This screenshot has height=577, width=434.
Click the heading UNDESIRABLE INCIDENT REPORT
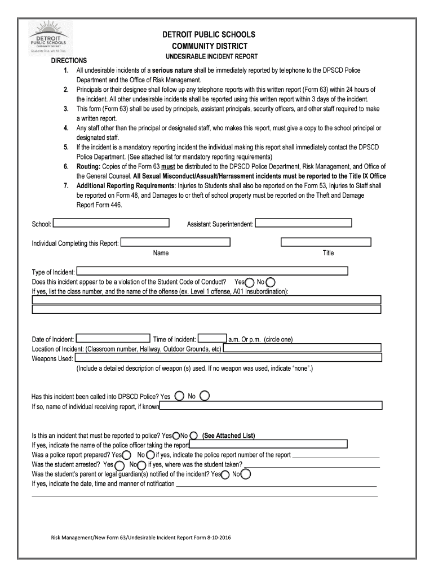[211, 57]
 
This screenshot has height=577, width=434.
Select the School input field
[111, 223]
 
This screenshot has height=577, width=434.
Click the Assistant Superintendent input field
[303, 223]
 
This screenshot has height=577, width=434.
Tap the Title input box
[326, 242]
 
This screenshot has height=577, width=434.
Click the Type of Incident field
[212, 272]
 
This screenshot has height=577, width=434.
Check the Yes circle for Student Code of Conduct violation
[249, 282]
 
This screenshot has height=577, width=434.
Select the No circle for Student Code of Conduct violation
[271, 282]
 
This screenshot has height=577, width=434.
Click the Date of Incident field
[113, 339]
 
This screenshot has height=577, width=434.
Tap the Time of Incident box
[212, 339]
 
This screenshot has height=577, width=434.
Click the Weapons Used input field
[228, 358]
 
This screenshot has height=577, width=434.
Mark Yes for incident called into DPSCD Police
[179, 396]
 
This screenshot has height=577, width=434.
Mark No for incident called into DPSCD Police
[205, 396]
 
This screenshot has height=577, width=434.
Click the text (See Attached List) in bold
[229, 436]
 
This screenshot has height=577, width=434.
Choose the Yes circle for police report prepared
[127, 455]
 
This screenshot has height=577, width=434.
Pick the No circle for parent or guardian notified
[246, 474]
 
